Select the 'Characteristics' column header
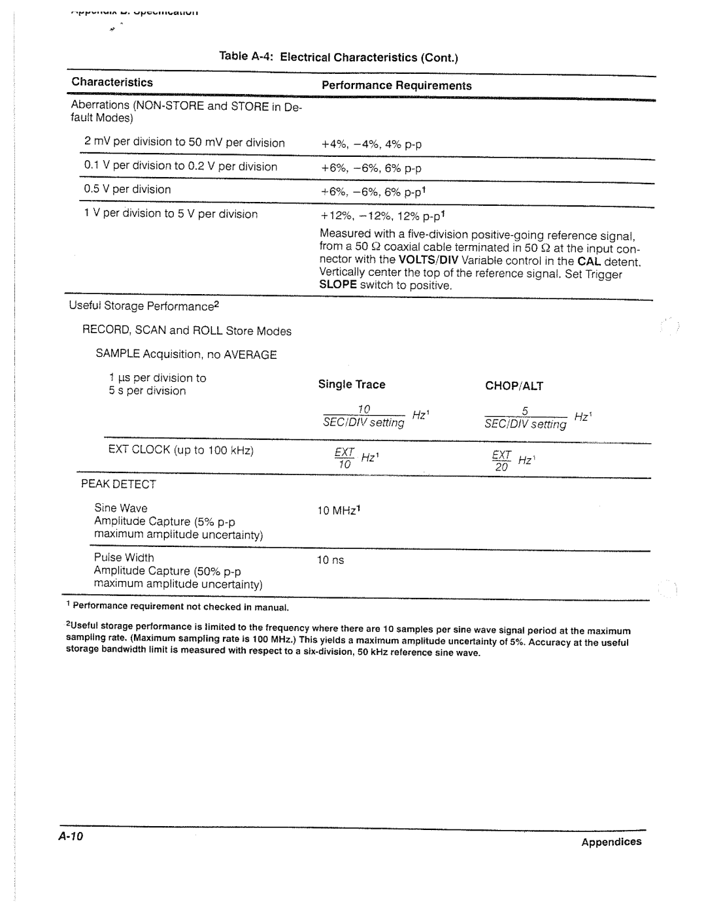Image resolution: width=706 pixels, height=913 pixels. (x=112, y=82)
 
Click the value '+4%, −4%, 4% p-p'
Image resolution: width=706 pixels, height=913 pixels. (x=371, y=144)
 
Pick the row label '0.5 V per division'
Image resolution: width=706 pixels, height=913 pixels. (x=127, y=190)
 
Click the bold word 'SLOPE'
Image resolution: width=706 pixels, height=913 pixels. (x=337, y=286)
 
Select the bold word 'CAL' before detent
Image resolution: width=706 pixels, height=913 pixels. (x=588, y=261)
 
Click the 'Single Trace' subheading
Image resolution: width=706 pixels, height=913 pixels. (x=352, y=385)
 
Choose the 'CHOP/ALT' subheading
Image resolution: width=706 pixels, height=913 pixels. (x=514, y=386)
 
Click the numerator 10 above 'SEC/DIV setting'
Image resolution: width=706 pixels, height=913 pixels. (x=363, y=410)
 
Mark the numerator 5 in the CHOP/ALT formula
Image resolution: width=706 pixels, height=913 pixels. (x=525, y=411)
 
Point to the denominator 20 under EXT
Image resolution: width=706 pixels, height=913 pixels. (x=501, y=468)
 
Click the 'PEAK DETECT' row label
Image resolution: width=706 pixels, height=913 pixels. (x=118, y=484)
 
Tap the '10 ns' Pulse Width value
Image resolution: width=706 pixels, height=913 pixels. (x=330, y=561)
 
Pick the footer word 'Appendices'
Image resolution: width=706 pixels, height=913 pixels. (x=612, y=842)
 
